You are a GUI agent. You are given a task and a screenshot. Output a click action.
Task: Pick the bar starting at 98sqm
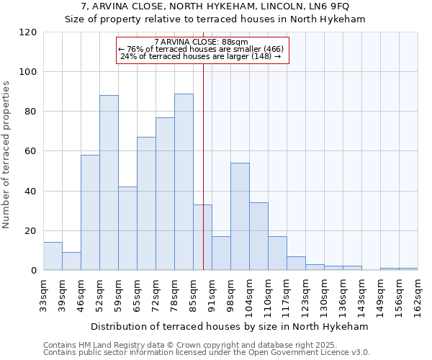[240, 216]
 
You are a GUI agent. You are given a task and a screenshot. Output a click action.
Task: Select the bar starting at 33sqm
[53, 256]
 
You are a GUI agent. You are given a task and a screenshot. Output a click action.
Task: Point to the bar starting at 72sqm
[165, 194]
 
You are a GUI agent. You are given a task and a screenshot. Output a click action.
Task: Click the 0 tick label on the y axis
[33, 271]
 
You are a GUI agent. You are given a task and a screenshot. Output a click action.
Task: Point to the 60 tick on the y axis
[30, 151]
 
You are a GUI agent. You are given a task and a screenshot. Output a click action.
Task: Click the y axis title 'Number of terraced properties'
[6, 155]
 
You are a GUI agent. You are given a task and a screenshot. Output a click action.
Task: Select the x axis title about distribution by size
[230, 326]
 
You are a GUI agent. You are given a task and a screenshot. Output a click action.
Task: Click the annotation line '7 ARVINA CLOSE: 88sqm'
[202, 42]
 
